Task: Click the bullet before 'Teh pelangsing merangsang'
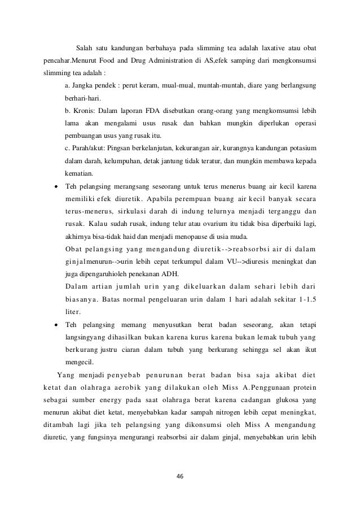point(57,186)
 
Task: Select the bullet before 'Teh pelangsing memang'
point(57,324)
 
